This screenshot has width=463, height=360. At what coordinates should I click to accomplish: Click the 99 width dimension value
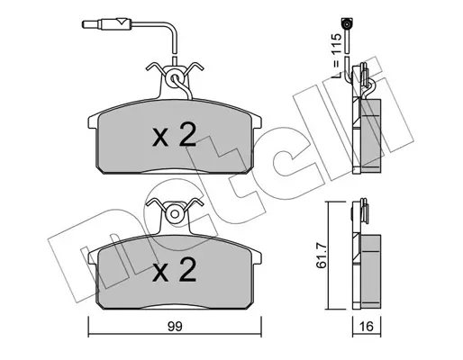175,327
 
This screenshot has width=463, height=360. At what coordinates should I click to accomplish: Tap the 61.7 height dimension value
321,256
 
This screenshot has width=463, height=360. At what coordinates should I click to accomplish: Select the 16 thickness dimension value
367,326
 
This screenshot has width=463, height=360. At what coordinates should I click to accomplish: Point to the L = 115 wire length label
337,56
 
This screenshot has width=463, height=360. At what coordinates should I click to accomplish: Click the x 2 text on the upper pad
174,135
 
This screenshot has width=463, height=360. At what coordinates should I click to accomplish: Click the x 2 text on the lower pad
174,270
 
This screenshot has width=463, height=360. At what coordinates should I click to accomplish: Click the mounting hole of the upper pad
174,79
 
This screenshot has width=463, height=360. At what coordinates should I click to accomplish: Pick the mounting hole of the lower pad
174,214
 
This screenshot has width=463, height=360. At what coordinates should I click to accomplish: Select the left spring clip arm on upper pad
156,68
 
